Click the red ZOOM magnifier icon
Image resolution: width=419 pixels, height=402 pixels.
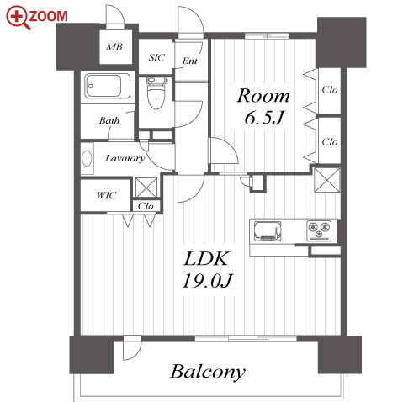pyautogui.click(x=18, y=18)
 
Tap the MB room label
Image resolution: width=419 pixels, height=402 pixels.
pyautogui.click(x=114, y=46)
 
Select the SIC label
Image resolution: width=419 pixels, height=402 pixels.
pyautogui.click(x=156, y=57)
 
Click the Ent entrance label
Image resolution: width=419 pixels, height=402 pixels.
pyautogui.click(x=190, y=61)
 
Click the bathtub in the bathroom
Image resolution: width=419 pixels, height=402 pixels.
pyautogui.click(x=107, y=86)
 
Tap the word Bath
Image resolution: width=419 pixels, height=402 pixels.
pyautogui.click(x=109, y=120)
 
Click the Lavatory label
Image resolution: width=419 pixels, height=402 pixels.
pyautogui.click(x=125, y=158)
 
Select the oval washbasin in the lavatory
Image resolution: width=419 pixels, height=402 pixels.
pyautogui.click(x=87, y=158)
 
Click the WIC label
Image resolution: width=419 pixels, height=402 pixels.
pyautogui.click(x=106, y=195)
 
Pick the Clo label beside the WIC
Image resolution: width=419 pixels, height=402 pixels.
pyautogui.click(x=146, y=206)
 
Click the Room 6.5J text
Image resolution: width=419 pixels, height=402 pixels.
pyautogui.click(x=263, y=106)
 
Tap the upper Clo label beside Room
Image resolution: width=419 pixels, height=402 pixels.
pyautogui.click(x=330, y=90)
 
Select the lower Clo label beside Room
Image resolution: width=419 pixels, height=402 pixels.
pyautogui.click(x=330, y=142)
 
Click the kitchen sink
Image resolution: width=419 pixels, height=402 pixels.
pyautogui.click(x=268, y=231)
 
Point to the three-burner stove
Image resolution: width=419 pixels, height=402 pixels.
pyautogui.click(x=319, y=230)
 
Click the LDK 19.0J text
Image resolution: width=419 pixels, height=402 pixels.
pyautogui.click(x=207, y=270)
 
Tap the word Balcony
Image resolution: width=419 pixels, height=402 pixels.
pyautogui.click(x=208, y=372)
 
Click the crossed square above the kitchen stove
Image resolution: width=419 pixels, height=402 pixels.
pyautogui.click(x=327, y=180)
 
